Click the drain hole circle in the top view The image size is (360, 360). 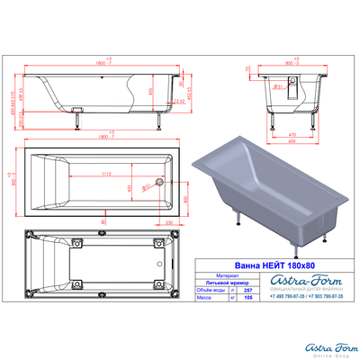(x=159, y=182)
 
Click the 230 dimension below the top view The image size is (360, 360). (x=169, y=219)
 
